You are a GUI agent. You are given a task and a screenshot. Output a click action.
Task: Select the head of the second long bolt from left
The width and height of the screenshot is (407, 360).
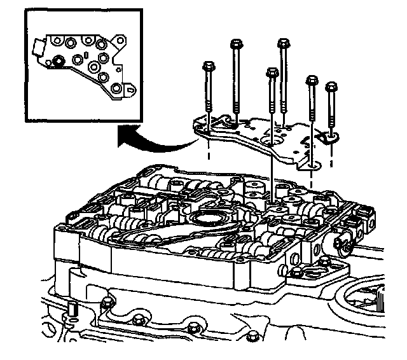235,45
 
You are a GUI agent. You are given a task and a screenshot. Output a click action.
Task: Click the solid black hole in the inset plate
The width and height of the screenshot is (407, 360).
58,61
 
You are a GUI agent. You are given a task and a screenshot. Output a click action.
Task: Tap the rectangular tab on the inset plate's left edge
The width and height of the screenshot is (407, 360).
36,47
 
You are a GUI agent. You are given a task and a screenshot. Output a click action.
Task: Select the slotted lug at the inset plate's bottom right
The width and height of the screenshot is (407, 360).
130,90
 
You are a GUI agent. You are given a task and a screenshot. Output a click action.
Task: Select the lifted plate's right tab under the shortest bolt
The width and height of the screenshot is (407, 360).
330,136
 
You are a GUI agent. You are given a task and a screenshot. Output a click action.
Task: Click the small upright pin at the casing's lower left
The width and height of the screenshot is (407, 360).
72,310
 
